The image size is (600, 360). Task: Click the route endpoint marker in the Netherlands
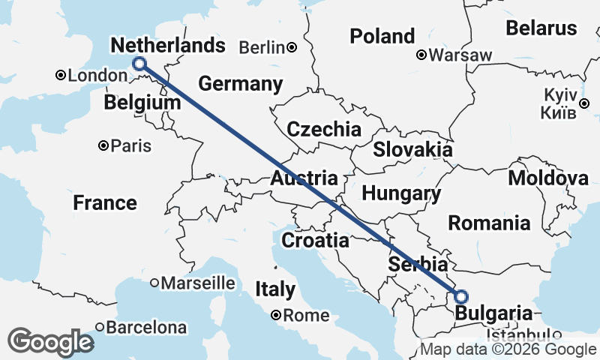click(x=139, y=64)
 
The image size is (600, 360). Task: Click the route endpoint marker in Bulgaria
click(x=460, y=296)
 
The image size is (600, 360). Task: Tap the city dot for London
click(x=61, y=75)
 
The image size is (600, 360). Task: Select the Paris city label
click(x=130, y=146)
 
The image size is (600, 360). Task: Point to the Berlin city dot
click(x=292, y=48)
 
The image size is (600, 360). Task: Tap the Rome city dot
click(x=276, y=316)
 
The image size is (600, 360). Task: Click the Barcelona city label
click(x=147, y=328)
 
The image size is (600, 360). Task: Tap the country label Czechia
click(x=324, y=128)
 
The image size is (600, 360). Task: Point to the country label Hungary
click(x=401, y=193)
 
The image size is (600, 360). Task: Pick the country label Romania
click(x=489, y=223)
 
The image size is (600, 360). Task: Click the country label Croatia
click(x=315, y=241)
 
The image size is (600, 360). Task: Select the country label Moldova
click(x=548, y=178)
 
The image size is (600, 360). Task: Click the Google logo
click(x=50, y=342)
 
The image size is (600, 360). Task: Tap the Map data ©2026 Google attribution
click(x=508, y=349)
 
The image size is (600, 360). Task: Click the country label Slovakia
click(x=413, y=148)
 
